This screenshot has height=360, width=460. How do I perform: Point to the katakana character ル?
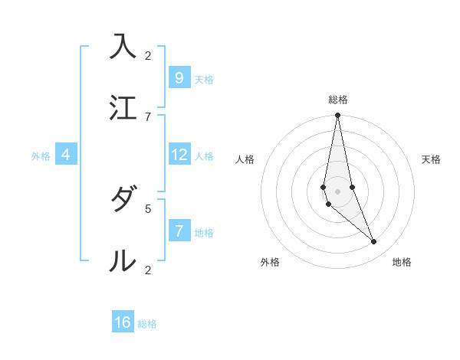[x=123, y=260]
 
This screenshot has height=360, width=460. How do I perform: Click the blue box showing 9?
[x=179, y=77]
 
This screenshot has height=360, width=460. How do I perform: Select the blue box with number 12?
[x=179, y=155]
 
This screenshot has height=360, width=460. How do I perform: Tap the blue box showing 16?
[x=123, y=322]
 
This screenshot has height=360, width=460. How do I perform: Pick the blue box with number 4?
[x=66, y=155]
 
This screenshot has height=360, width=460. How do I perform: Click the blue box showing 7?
[x=179, y=231]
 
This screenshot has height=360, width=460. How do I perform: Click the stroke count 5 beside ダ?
[x=148, y=208]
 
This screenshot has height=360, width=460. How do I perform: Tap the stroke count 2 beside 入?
[x=148, y=55]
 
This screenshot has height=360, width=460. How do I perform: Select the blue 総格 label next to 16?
[x=147, y=324]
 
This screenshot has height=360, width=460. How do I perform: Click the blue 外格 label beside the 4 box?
[x=41, y=156]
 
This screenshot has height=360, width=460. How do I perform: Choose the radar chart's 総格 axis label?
[x=338, y=100]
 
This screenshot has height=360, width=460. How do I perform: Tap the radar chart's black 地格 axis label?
[x=402, y=262]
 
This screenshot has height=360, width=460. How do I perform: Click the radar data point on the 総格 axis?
[x=338, y=116]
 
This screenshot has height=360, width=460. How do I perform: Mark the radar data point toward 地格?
[x=374, y=241]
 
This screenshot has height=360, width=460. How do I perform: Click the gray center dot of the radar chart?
[x=338, y=191]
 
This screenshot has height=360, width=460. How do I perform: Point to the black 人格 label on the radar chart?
[x=245, y=159]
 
